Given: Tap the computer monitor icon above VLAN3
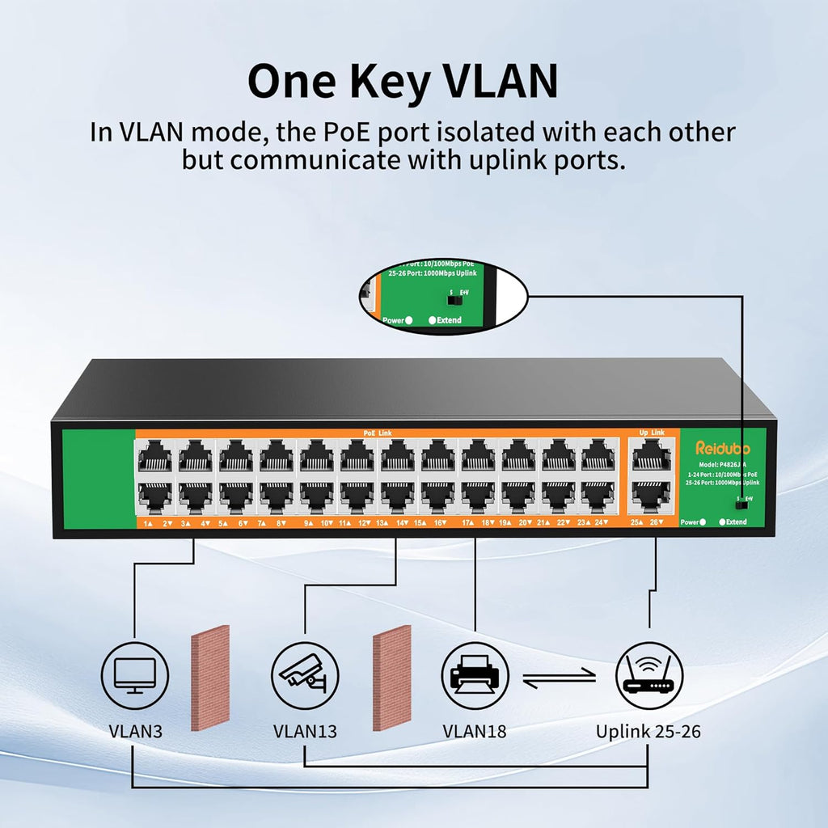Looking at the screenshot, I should coord(135,675).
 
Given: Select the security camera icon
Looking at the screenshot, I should coord(305,675).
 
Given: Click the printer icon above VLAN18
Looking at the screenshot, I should coord(475,675).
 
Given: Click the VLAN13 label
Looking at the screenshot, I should coord(305,732).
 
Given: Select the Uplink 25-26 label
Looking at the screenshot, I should coord(648,732).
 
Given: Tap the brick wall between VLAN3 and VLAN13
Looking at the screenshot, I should coord(210,678).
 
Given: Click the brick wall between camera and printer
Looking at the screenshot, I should coord(392,678).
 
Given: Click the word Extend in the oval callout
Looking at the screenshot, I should coord(449,320).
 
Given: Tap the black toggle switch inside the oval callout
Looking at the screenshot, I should coord(454,300).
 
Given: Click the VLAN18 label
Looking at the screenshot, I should coord(475,732).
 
